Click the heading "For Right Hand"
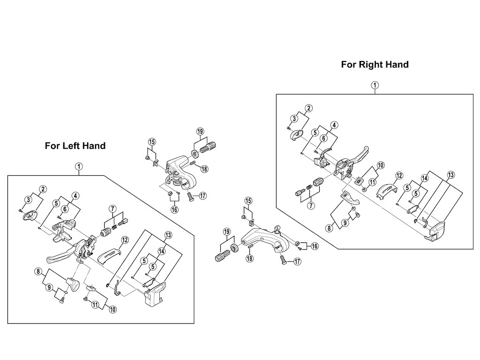point(375,65)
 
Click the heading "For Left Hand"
point(75,146)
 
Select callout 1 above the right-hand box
point(375,85)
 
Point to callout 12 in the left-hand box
point(125,240)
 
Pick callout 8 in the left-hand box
point(38,271)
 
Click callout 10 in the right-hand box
point(380,165)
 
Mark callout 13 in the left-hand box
point(168,234)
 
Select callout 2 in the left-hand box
point(43,189)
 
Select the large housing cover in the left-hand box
point(154,295)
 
